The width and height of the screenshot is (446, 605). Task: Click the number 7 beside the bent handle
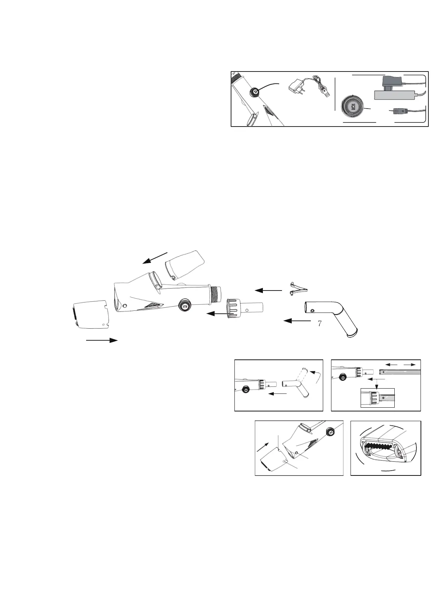pos(319,323)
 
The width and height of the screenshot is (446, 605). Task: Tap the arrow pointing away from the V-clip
pos(268,291)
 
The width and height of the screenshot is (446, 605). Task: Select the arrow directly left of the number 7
pos(297,321)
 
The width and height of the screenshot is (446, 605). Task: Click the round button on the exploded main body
pos(184,305)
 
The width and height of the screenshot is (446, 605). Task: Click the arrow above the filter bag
pos(155,258)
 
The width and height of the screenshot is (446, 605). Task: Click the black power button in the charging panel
pos(254,92)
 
